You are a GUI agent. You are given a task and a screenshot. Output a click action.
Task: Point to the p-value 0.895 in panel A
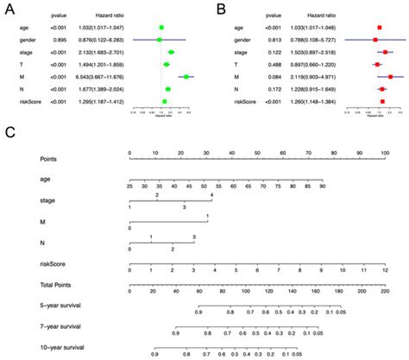pos(58,40)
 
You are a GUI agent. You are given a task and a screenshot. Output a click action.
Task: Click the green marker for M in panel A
pos(186,78)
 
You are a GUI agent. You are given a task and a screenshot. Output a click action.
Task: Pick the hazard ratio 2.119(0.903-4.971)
pos(315,78)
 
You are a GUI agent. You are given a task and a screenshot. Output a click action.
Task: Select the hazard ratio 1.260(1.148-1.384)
pos(315,103)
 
